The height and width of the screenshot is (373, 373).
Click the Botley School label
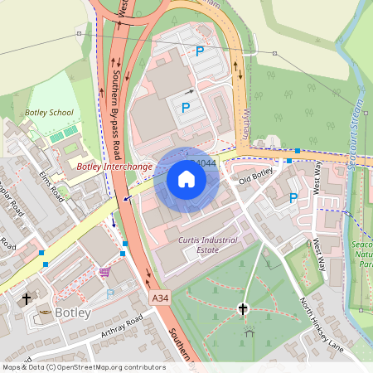click(x=50, y=112)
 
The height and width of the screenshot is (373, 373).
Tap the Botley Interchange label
click(x=114, y=167)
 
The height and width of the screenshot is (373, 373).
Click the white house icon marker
click(x=186, y=178)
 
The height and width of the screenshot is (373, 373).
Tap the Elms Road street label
click(x=51, y=188)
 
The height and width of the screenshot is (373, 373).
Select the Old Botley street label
click(x=256, y=176)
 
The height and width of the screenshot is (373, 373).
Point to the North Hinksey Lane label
click(x=322, y=323)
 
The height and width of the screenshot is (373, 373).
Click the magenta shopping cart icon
click(x=104, y=271)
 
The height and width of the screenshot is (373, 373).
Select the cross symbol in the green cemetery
click(x=244, y=309)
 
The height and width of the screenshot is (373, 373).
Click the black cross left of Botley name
click(x=26, y=298)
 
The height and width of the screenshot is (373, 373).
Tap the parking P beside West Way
click(x=293, y=198)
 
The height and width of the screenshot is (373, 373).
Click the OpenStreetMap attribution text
click(x=84, y=366)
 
